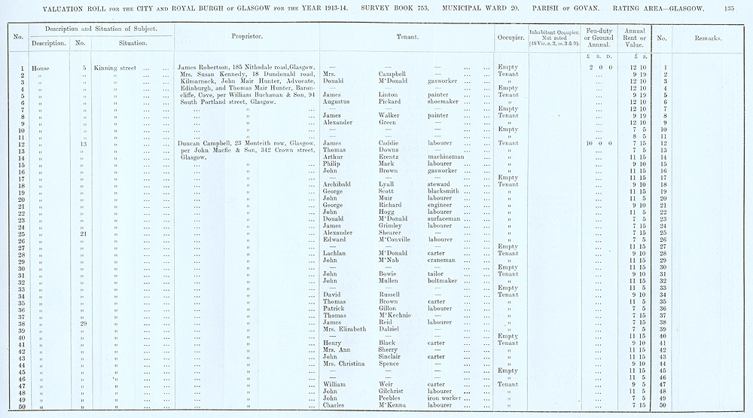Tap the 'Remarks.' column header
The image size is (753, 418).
pyautogui.click(x=709, y=37)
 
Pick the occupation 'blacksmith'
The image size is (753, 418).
pyautogui.click(x=444, y=191)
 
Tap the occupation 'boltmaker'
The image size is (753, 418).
pyautogui.click(x=444, y=280)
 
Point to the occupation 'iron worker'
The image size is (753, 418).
pyautogui.click(x=445, y=398)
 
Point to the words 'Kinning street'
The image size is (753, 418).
pyautogui.click(x=115, y=68)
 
